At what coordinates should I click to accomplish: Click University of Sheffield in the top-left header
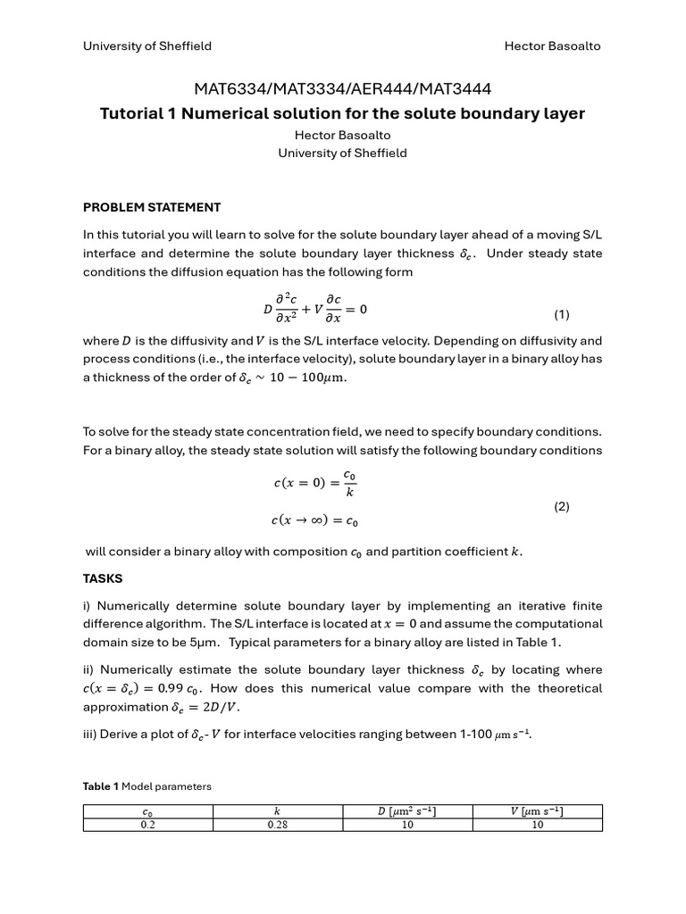point(147,46)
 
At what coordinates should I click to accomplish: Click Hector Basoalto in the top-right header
point(553,46)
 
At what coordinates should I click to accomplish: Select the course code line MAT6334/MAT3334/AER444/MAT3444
point(342,88)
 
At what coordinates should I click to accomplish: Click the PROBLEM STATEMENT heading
point(152,207)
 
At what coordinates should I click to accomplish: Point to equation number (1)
point(561,314)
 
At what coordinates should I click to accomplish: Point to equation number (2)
point(561,506)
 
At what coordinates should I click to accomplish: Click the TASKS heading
point(103,578)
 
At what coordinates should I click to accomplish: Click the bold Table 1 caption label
point(101,786)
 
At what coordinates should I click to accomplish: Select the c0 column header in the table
point(147,811)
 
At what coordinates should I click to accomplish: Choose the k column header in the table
point(277,811)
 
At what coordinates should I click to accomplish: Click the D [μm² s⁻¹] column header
point(406,811)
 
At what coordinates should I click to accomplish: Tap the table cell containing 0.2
point(147,825)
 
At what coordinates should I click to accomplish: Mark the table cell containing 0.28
point(277,825)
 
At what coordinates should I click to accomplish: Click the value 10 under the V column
point(537,825)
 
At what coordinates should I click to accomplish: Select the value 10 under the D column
point(406,825)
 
